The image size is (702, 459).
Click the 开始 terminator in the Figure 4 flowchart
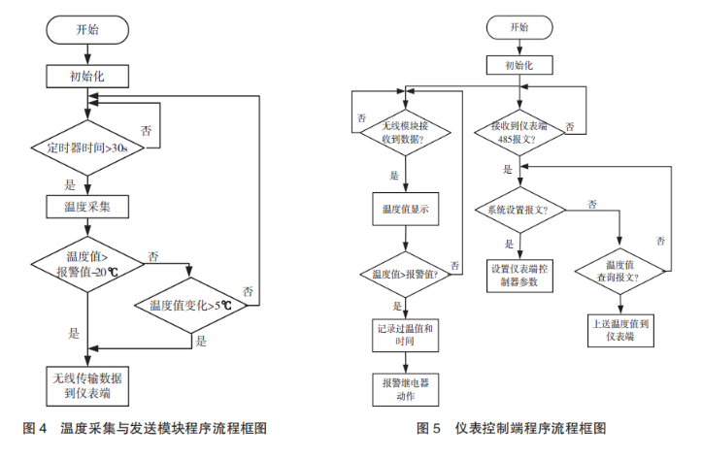tap(87, 30)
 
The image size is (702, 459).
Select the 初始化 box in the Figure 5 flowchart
tap(519, 65)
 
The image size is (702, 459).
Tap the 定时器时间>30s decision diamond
tap(87, 148)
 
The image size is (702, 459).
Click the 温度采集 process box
tap(87, 207)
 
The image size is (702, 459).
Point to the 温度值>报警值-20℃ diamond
tap(87, 264)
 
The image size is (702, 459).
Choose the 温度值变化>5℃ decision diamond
tap(191, 306)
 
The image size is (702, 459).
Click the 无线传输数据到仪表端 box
tap(87, 384)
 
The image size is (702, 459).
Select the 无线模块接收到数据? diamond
tap(406, 131)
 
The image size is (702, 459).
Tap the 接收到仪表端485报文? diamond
tap(519, 131)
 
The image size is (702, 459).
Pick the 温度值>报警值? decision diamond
tap(406, 274)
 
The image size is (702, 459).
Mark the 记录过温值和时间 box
tap(406, 335)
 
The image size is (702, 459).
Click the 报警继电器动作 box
tap(406, 390)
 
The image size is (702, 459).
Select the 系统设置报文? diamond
tap(519, 210)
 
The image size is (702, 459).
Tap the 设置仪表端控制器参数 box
tap(519, 276)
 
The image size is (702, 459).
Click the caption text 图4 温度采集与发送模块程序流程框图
tap(145, 428)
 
